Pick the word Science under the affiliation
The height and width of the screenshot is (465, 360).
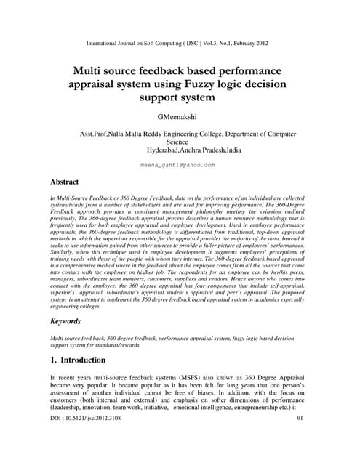point(177,142)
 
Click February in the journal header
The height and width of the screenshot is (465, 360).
point(242,44)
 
